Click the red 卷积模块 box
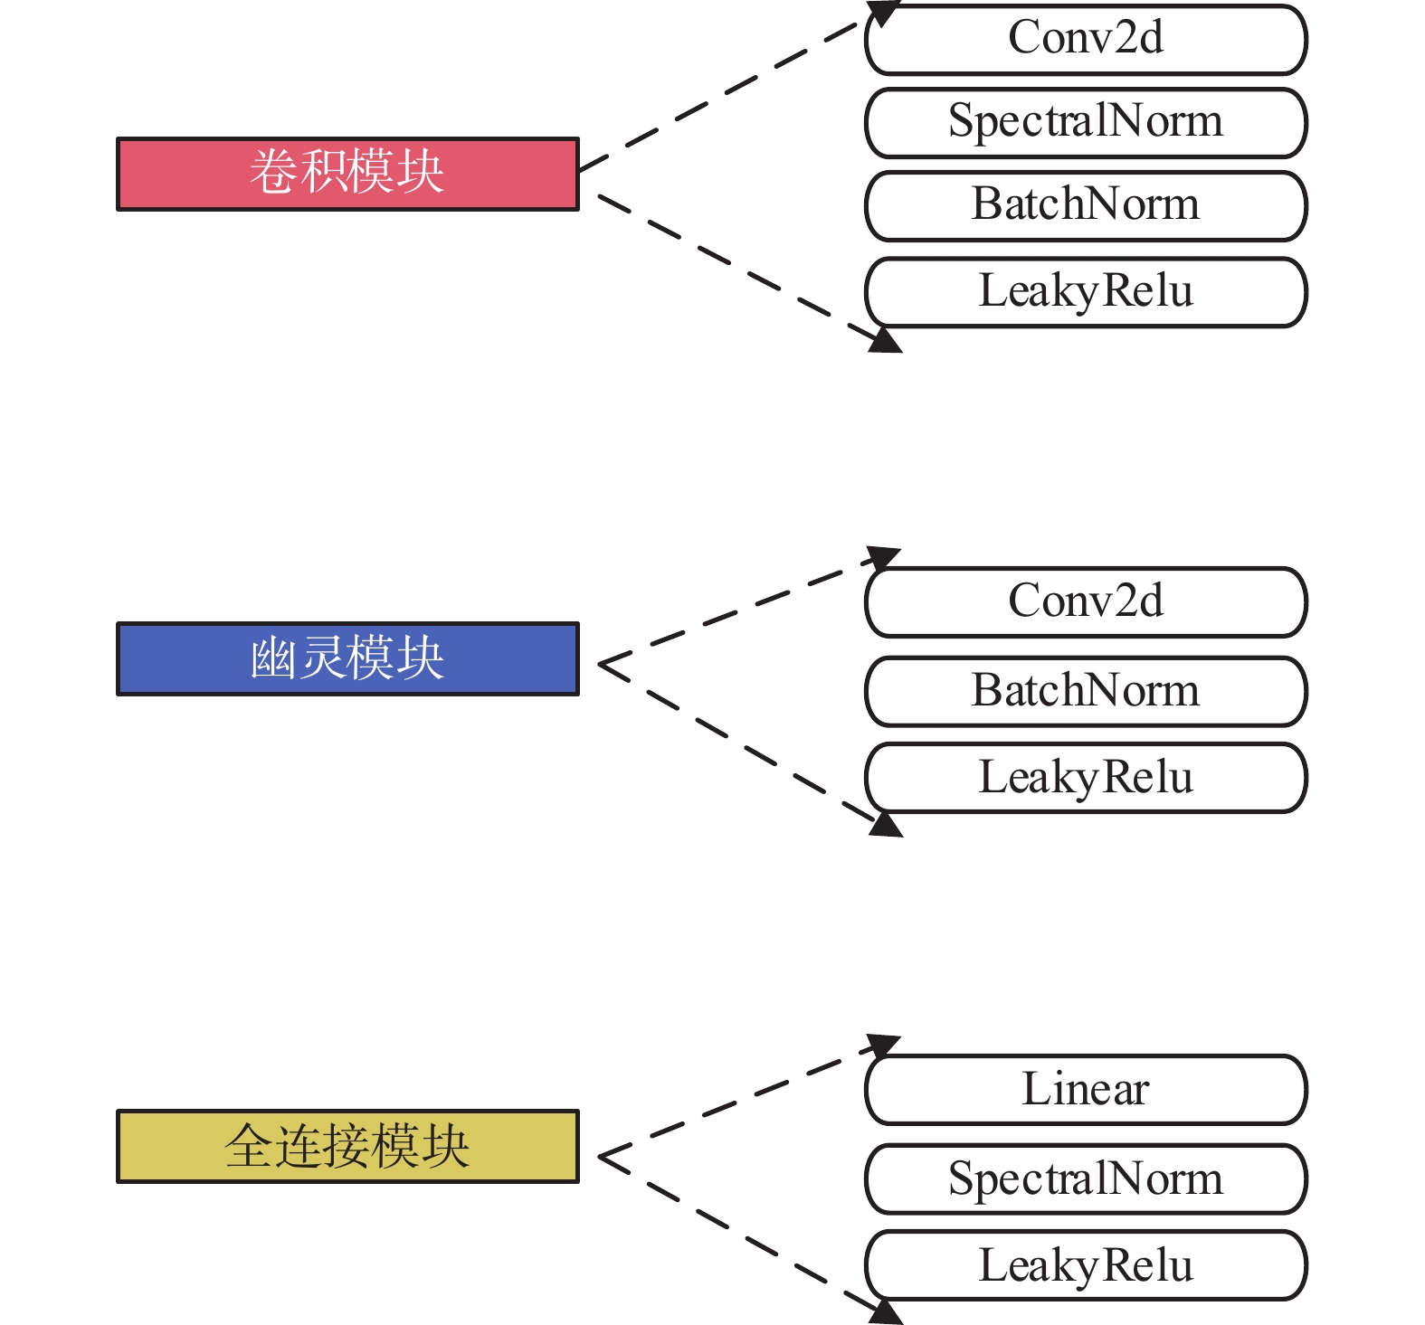point(347,174)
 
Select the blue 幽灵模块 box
point(347,658)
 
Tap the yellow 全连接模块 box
point(347,1146)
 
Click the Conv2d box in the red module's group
point(1086,40)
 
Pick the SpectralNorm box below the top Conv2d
point(1086,123)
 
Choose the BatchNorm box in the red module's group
point(1086,206)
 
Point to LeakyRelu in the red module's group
point(1086,292)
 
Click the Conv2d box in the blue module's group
point(1086,602)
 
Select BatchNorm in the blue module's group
point(1086,692)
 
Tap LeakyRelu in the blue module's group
point(1086,778)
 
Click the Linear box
point(1086,1090)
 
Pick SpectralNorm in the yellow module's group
point(1086,1179)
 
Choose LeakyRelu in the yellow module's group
point(1086,1265)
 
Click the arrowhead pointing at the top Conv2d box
point(883,13)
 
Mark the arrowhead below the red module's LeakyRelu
point(885,340)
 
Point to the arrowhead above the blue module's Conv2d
point(883,557)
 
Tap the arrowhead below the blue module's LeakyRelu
point(885,825)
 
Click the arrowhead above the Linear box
point(883,1046)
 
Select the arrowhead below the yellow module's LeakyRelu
point(885,1312)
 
